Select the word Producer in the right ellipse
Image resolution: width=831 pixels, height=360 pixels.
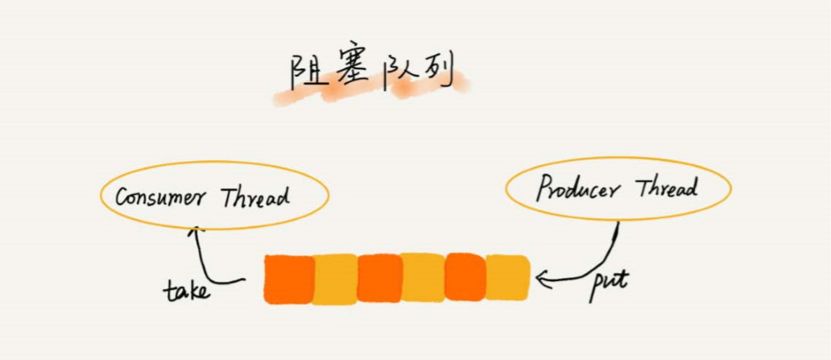pyautogui.click(x=578, y=191)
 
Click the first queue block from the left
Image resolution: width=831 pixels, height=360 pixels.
pyautogui.click(x=288, y=279)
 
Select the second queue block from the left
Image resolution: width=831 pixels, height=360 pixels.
pyautogui.click(x=334, y=279)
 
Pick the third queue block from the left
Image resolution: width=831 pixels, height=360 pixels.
pyautogui.click(x=378, y=279)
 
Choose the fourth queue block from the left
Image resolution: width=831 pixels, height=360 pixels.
pyautogui.click(x=422, y=279)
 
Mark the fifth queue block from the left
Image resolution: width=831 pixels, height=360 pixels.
pyautogui.click(x=465, y=278)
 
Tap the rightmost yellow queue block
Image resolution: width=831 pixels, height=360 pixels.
pyautogui.click(x=507, y=278)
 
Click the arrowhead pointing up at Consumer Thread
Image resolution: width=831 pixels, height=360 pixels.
pyautogui.click(x=193, y=233)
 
